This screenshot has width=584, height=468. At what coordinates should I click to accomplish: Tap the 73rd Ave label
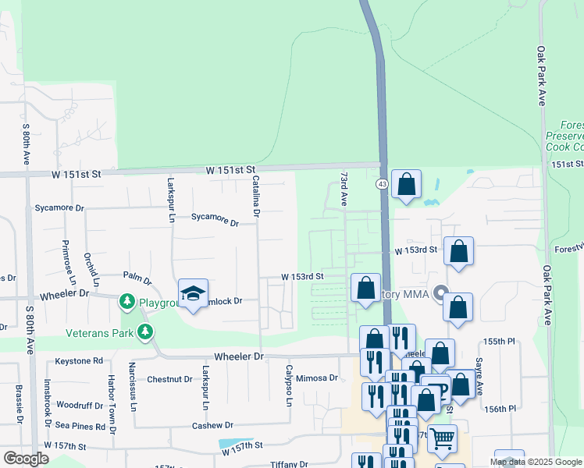point(343,189)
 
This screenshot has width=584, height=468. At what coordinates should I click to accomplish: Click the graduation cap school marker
point(193,293)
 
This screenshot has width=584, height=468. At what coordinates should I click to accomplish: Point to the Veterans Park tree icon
point(144,333)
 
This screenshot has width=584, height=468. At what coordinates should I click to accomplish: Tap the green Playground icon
point(127,301)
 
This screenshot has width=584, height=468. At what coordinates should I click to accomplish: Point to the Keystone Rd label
point(79,361)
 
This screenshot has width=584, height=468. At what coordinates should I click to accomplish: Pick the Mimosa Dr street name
point(317,378)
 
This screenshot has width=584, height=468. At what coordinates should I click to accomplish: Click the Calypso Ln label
point(288,386)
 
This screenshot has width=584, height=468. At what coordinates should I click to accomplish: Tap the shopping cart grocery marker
point(441,438)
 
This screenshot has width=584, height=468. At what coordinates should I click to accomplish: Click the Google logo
point(26,459)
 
